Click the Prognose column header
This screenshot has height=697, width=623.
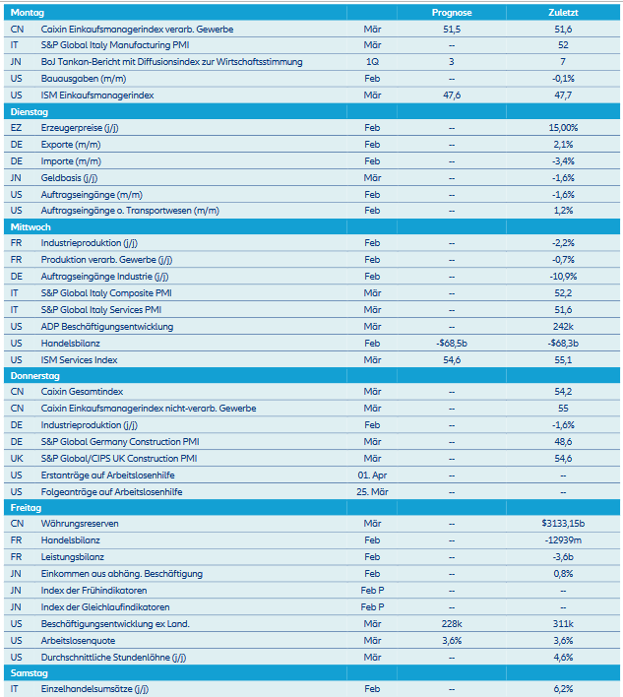[452, 13]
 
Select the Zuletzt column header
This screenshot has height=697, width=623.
[563, 13]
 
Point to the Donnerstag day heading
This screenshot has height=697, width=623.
[35, 376]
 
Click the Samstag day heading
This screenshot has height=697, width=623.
[29, 673]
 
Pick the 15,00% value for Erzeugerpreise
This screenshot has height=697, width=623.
[563, 129]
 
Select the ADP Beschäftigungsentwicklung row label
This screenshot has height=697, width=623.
[107, 327]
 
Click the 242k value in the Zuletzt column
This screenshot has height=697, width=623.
[563, 327]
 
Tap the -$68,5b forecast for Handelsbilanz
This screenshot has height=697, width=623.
[452, 344]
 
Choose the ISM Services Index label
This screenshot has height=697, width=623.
[80, 360]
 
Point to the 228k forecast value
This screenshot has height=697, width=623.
[452, 624]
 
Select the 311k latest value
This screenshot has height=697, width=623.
[563, 624]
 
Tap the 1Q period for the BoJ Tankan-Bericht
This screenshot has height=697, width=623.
[372, 62]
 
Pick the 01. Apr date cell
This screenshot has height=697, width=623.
[372, 475]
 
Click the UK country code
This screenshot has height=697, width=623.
[17, 459]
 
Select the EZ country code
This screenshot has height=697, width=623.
[16, 129]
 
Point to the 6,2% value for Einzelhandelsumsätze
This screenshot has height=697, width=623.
[563, 689]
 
